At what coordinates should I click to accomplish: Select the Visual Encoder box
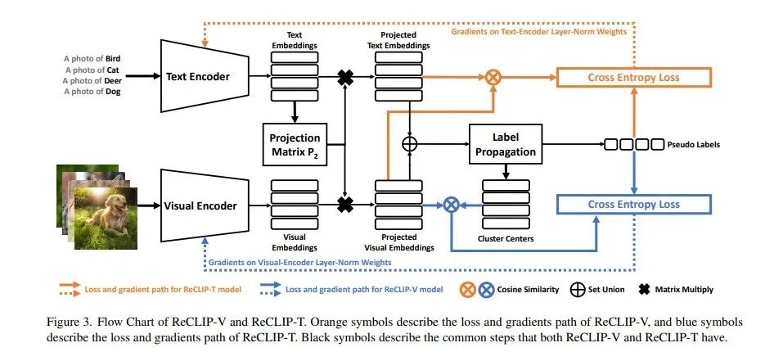coord(203,205)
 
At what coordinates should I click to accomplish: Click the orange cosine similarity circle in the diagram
coord(493,78)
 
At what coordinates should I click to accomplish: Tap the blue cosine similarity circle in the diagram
coord(449,205)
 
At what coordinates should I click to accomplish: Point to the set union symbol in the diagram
coord(411,144)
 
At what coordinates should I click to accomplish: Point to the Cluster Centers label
coord(506,239)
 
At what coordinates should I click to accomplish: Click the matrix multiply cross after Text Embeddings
coord(346,78)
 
